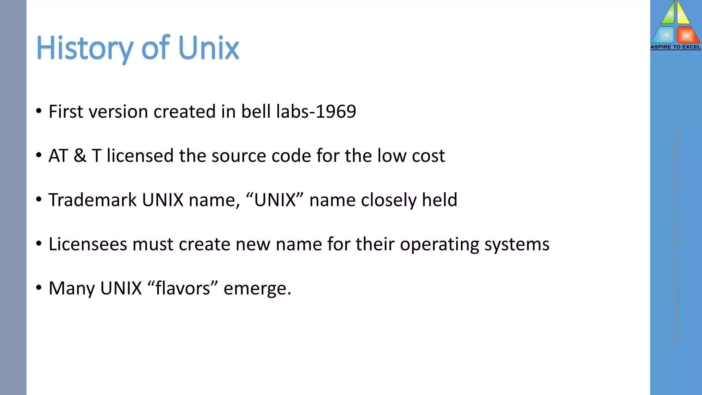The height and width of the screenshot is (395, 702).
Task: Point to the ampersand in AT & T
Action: coord(80,156)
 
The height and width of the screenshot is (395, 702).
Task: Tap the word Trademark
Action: coord(93,200)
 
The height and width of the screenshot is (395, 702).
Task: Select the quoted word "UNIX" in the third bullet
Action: coord(275,200)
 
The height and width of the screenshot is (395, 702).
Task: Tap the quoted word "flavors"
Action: coord(183,288)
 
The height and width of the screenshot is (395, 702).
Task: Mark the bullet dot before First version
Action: coord(39,111)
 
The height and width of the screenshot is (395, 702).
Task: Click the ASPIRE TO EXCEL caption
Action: coord(675,47)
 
